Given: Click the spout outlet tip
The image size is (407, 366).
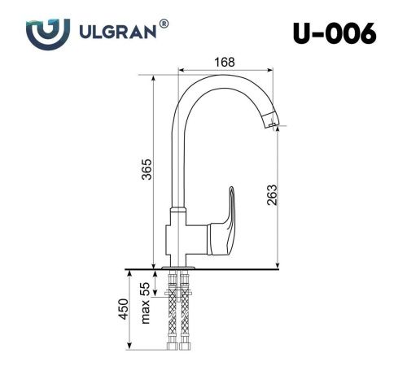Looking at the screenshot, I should (x=270, y=124).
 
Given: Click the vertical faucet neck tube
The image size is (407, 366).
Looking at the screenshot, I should (x=174, y=163).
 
